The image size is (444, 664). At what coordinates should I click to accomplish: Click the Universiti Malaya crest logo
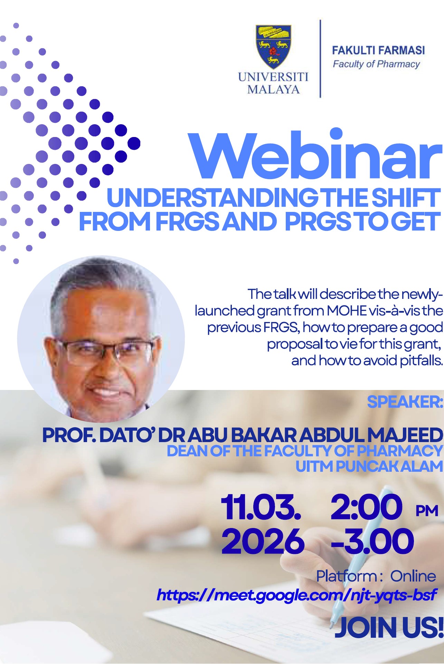(273, 47)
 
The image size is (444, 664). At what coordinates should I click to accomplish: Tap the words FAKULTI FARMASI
(378, 50)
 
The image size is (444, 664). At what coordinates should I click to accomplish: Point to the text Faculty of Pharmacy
(376, 64)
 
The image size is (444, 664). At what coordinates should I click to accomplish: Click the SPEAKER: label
(405, 402)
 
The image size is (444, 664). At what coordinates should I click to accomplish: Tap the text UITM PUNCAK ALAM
(369, 466)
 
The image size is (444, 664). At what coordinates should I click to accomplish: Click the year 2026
(263, 541)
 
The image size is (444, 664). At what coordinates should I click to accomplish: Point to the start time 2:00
(367, 507)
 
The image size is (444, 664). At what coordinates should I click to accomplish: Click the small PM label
(427, 511)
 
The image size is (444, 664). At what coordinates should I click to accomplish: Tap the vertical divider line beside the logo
(320, 59)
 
